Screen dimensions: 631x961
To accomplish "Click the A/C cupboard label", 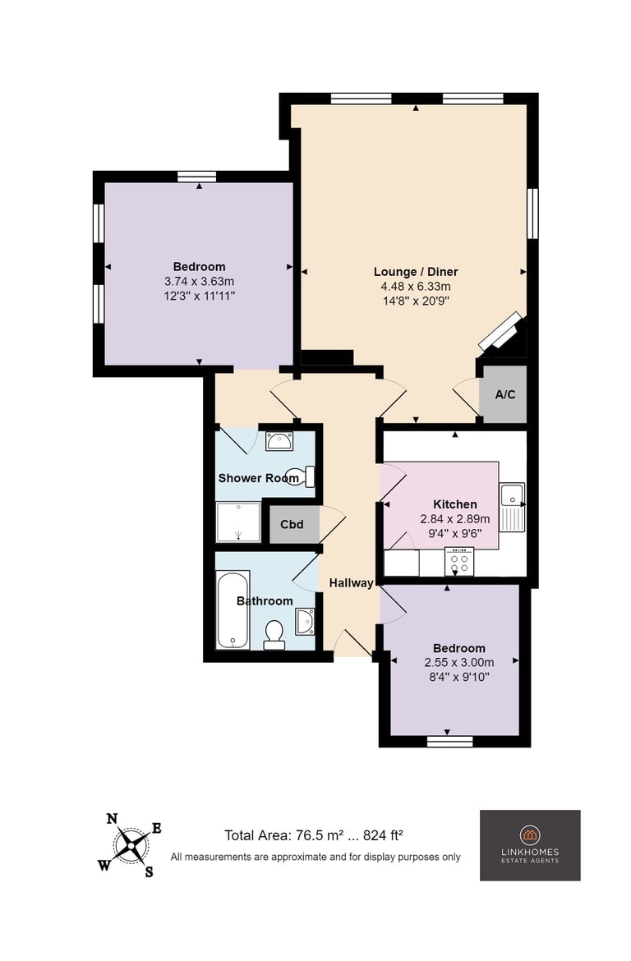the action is click(x=504, y=395).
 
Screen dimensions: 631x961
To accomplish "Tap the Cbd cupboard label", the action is click(x=292, y=525).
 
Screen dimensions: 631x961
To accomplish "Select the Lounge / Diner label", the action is click(x=416, y=272).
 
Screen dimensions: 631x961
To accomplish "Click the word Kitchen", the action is click(x=455, y=504).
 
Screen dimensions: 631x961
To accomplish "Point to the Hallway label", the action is click(x=352, y=583).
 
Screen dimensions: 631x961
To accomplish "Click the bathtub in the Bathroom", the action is click(x=233, y=609).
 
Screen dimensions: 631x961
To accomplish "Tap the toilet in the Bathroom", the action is click(x=274, y=634).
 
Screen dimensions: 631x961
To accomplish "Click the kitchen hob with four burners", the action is click(x=459, y=562).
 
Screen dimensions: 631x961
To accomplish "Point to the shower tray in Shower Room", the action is click(x=238, y=522).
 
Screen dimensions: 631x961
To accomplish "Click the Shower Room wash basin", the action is click(x=279, y=441).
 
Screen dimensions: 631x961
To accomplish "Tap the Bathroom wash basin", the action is click(x=305, y=622).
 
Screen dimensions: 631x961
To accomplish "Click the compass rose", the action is click(x=131, y=846).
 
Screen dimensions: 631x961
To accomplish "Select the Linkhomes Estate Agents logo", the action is click(x=530, y=845).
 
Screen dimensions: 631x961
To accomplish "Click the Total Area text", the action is click(x=313, y=835).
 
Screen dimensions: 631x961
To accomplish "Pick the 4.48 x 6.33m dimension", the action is click(x=416, y=287).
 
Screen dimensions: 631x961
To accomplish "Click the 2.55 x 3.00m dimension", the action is click(x=459, y=663).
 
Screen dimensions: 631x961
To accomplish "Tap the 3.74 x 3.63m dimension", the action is click(x=200, y=282).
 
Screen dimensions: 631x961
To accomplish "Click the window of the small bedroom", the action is click(x=450, y=742).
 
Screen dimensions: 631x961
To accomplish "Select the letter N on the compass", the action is click(x=112, y=819).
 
